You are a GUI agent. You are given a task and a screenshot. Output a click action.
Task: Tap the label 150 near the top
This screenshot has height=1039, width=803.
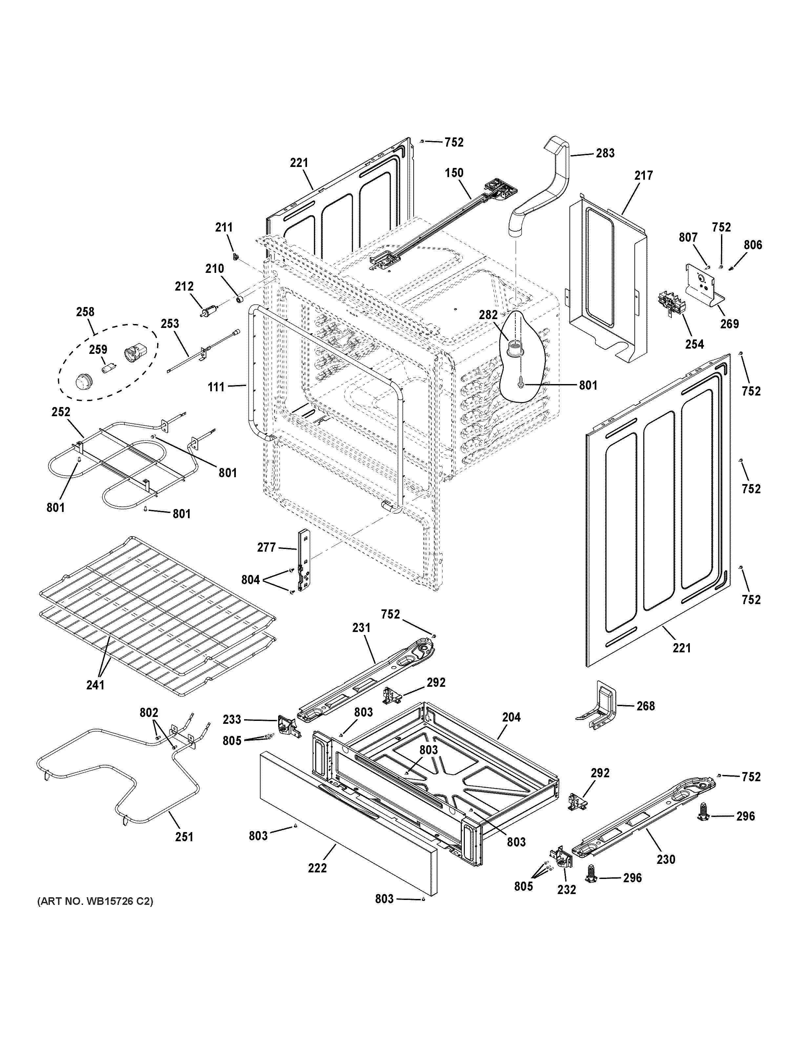tap(454, 173)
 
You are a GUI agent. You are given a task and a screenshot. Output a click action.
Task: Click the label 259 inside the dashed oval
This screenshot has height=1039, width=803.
tap(98, 350)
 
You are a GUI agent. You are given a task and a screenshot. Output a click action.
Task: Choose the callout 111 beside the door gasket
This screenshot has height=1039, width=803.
tap(216, 387)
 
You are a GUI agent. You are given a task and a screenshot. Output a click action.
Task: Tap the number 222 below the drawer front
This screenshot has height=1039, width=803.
tap(317, 868)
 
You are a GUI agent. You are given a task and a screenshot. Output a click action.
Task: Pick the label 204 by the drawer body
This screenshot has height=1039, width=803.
tap(511, 717)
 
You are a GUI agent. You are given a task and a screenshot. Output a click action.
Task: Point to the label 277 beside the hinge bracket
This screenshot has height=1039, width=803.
tap(266, 548)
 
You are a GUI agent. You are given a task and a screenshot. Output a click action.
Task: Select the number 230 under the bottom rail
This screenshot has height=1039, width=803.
tap(666, 859)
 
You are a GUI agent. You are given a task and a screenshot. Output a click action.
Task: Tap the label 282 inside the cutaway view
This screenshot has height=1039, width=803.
tap(488, 315)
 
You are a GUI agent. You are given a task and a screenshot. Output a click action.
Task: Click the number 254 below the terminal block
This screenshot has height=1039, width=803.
tap(694, 344)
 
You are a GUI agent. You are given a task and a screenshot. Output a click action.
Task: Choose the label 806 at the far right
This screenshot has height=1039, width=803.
tap(753, 245)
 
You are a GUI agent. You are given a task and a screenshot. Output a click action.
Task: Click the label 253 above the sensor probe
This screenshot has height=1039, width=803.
tap(170, 324)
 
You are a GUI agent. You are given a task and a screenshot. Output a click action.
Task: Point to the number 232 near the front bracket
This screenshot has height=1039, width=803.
tap(566, 890)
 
